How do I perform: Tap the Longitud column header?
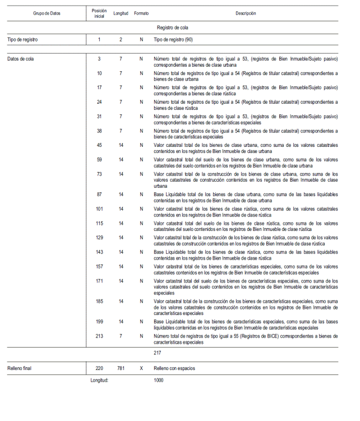(x=121, y=13)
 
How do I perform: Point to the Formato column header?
(x=141, y=13)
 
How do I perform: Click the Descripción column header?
(x=246, y=13)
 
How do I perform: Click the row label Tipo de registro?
(x=23, y=40)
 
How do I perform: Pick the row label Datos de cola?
(x=20, y=58)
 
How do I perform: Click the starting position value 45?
(x=99, y=145)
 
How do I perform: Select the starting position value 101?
(x=99, y=209)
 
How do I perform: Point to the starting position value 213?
(x=99, y=336)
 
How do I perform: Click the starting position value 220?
(x=99, y=369)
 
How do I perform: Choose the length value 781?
(x=121, y=369)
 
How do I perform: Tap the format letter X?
(x=141, y=369)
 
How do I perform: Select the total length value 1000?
(x=159, y=380)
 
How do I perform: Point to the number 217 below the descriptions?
(x=158, y=353)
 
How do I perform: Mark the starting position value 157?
(x=99, y=266)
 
